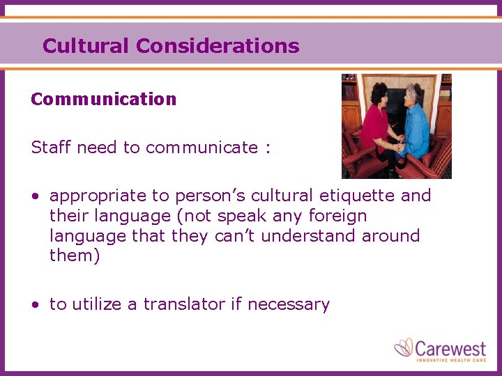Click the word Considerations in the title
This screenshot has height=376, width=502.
218,47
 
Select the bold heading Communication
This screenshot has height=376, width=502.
104,100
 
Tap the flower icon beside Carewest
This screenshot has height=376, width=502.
404,347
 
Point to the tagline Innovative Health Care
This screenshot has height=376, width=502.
450,359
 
